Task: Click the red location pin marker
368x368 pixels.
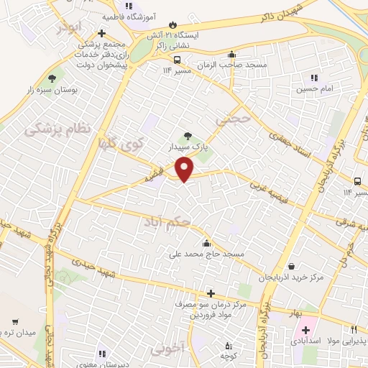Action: point(185,168)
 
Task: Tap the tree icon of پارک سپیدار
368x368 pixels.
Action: point(188,134)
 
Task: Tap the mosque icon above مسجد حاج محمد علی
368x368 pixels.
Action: point(207,242)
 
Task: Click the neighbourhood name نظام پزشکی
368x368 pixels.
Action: point(58,129)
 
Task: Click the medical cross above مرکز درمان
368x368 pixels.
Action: point(210,293)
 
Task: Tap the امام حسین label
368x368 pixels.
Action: point(314,90)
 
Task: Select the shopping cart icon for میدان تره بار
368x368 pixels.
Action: point(15,321)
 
